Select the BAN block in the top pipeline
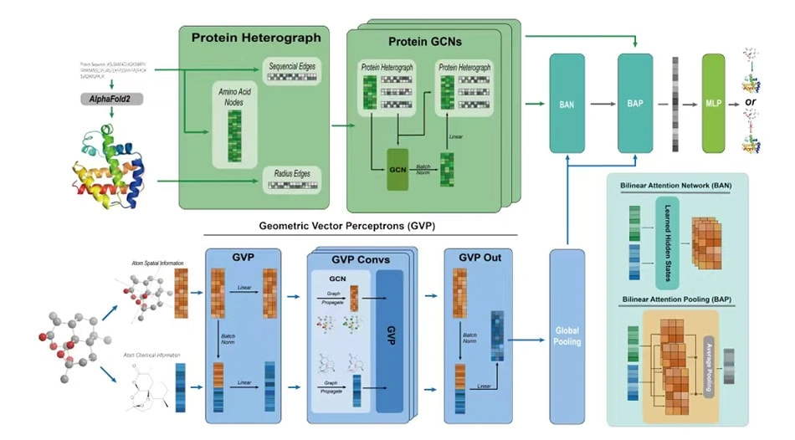click(567, 104)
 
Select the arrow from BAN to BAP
click(600, 104)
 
